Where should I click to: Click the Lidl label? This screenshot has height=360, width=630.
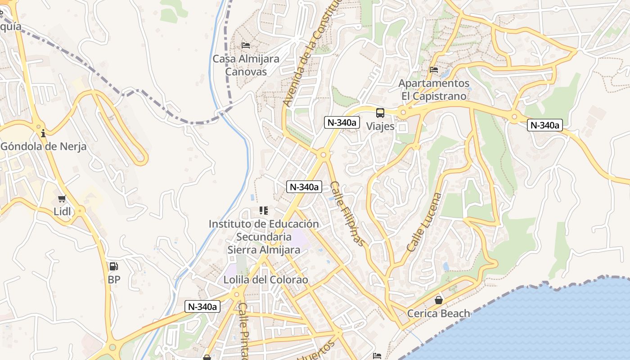(63, 211)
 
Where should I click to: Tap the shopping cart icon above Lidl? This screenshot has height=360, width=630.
(62, 198)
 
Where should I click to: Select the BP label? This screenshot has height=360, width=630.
(114, 279)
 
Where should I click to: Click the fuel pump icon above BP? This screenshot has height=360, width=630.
(114, 266)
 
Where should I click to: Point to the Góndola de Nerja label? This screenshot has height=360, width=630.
(43, 146)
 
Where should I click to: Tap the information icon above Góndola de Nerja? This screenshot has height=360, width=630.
(43, 133)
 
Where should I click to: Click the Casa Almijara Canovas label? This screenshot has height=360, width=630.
(246, 65)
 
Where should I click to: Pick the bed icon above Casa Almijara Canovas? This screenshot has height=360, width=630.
(246, 45)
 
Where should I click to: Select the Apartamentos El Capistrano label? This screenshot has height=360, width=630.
(434, 90)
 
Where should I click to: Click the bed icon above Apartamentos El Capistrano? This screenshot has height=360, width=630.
(434, 70)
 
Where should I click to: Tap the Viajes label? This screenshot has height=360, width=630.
(380, 126)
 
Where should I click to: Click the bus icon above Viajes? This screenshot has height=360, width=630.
(380, 113)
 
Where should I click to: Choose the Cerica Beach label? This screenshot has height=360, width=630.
(438, 313)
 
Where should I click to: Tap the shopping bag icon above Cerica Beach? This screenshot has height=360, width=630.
(438, 300)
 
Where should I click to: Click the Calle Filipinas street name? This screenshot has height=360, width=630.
(347, 214)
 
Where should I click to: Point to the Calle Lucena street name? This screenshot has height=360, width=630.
(424, 222)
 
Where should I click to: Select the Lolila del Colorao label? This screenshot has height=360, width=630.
(265, 280)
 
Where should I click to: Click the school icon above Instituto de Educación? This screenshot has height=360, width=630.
(264, 211)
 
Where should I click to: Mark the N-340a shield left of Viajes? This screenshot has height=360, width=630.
(342, 122)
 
